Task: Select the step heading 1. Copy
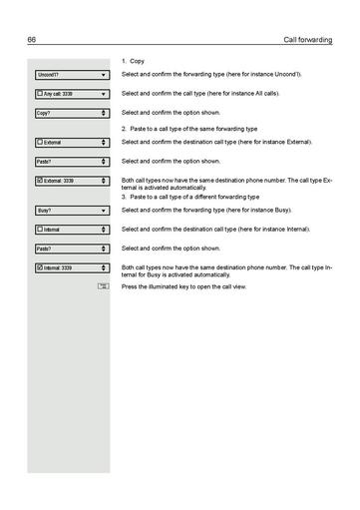pos(133,61)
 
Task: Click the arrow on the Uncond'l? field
pos(104,75)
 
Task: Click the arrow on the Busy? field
pos(104,211)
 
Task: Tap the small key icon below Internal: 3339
pos(103,287)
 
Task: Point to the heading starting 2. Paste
pos(189,129)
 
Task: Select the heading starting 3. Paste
pos(189,197)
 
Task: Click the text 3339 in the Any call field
pos(67,94)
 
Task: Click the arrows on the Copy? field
pos(104,113)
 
